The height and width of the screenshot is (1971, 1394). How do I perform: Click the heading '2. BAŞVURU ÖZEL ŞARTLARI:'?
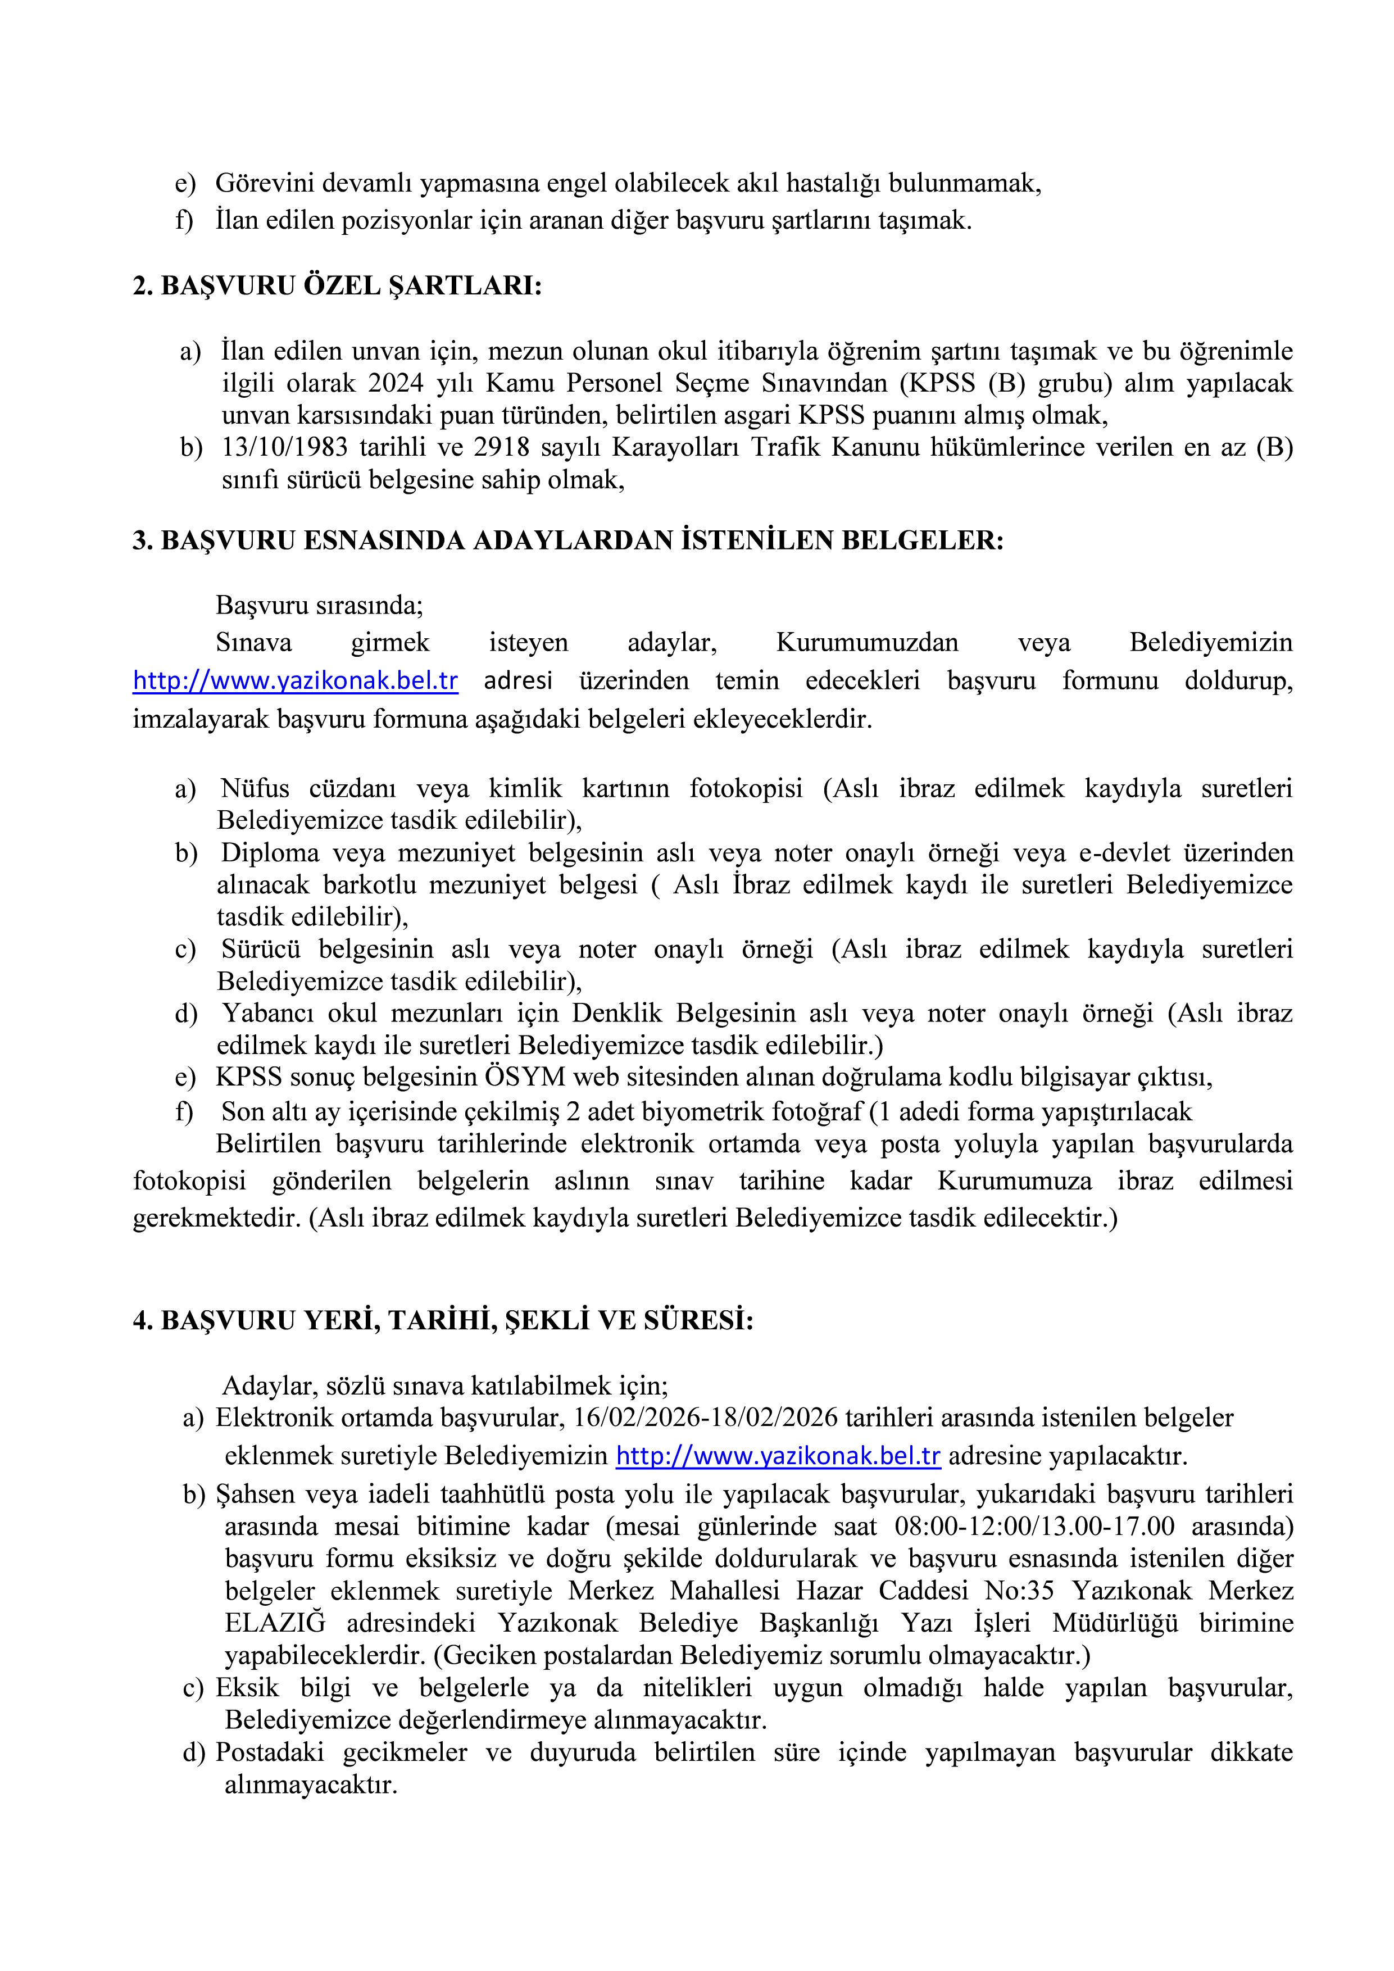(x=337, y=286)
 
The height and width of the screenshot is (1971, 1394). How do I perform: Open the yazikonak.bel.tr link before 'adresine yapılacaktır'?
(x=778, y=1456)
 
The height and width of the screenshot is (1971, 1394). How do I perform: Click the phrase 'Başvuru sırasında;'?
(x=319, y=605)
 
